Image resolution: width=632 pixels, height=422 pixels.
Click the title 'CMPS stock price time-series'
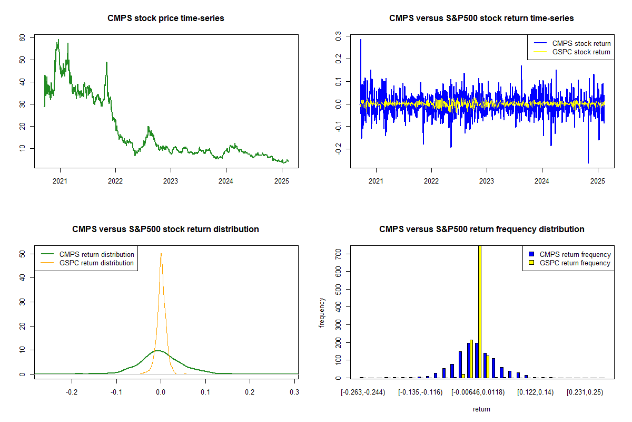tap(165, 18)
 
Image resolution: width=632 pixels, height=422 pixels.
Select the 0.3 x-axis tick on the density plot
tap(294, 392)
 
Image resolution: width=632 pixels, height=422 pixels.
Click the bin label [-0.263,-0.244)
tap(363, 392)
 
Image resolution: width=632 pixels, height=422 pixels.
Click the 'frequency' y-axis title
tap(322, 312)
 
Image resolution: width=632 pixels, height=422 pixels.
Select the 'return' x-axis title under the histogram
tap(481, 409)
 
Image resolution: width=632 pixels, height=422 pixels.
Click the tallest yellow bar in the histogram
tap(479, 311)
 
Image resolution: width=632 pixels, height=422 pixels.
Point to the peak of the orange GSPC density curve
tap(161, 254)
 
